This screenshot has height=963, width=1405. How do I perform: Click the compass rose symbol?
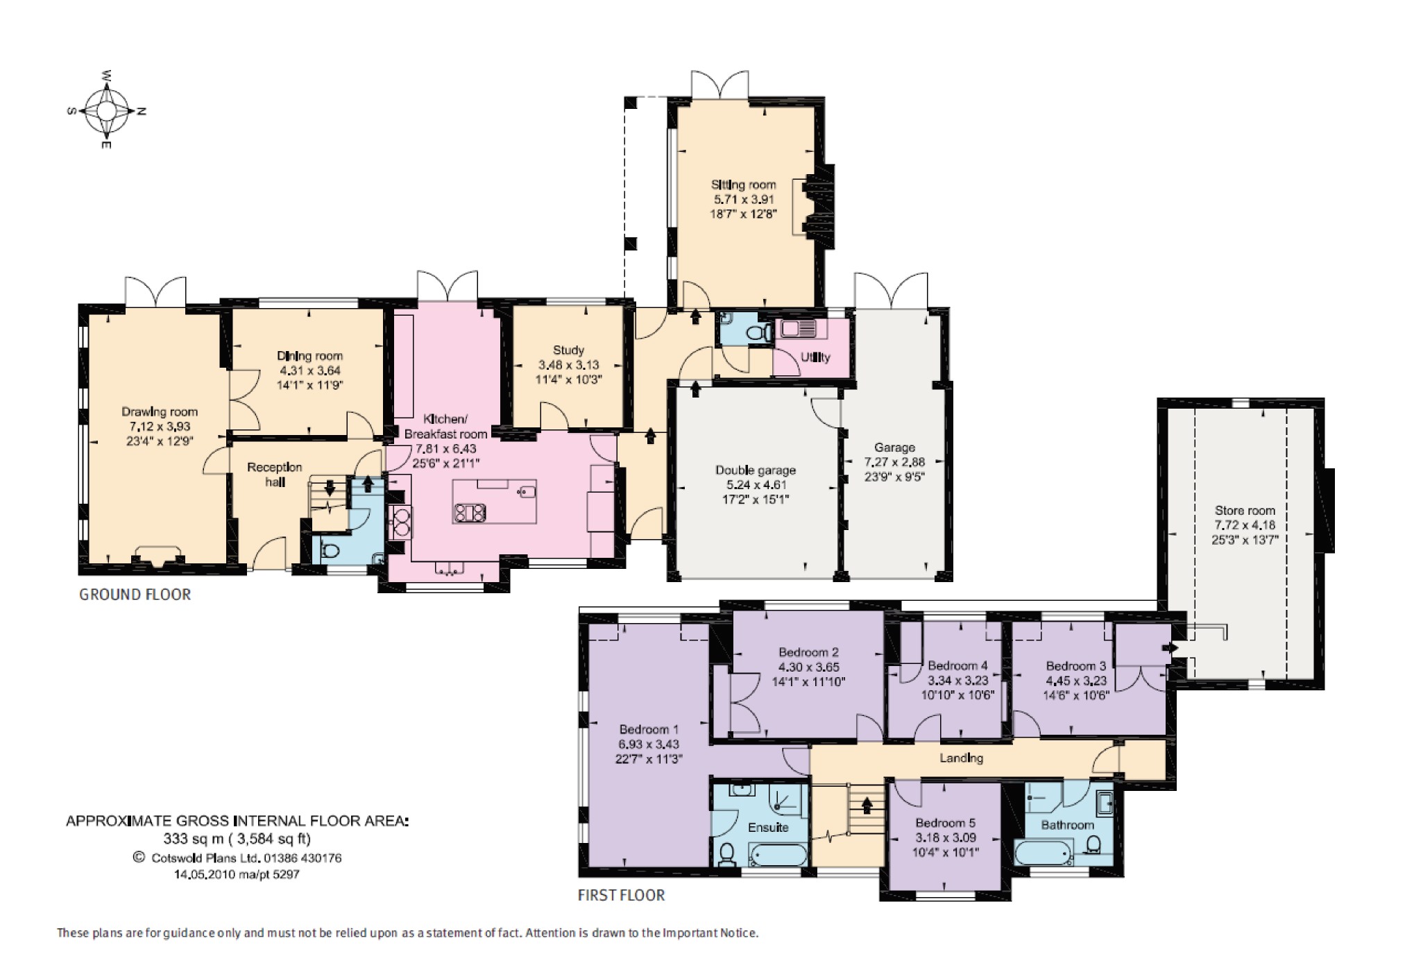[x=106, y=110]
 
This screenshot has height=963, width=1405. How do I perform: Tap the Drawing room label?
[x=160, y=411]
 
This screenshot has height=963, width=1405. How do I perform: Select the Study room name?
[x=568, y=350]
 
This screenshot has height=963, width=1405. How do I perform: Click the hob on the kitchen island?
[x=470, y=513]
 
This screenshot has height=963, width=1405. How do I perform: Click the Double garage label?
[x=756, y=470]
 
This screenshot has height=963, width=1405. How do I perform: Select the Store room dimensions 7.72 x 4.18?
[x=1245, y=525]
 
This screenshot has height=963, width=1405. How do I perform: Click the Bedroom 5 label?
[x=945, y=823]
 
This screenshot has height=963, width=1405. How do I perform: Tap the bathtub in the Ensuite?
[x=778, y=855]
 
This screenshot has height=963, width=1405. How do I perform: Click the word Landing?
[x=961, y=758]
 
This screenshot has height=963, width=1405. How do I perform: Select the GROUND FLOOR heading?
[x=135, y=595]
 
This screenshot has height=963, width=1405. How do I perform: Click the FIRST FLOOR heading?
[x=621, y=896]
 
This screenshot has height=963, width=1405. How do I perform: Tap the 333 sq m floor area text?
[x=237, y=839]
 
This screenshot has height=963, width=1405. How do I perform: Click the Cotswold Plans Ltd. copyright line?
[x=238, y=858]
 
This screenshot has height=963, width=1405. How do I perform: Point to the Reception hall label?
[x=275, y=475]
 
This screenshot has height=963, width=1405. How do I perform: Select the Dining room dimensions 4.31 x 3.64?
[x=309, y=370]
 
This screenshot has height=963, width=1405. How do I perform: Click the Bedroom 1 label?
[x=649, y=729]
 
